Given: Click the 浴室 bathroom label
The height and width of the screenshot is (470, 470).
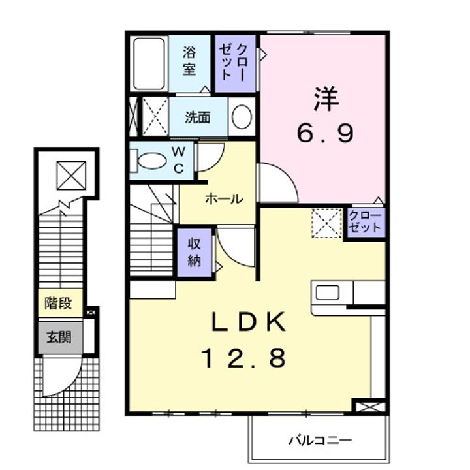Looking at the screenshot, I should coord(189,60).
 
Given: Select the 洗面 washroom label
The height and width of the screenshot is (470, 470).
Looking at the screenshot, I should coord(197,117).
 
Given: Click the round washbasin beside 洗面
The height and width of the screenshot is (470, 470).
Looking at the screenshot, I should coord(242,118).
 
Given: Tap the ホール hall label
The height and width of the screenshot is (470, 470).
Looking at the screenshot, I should coord(224,198).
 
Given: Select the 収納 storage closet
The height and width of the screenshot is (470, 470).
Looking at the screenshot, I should coord(195,252).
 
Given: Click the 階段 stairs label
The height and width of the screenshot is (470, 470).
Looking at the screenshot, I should coord(59,303).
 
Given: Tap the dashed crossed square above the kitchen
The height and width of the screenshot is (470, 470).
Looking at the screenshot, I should coord(326,222).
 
